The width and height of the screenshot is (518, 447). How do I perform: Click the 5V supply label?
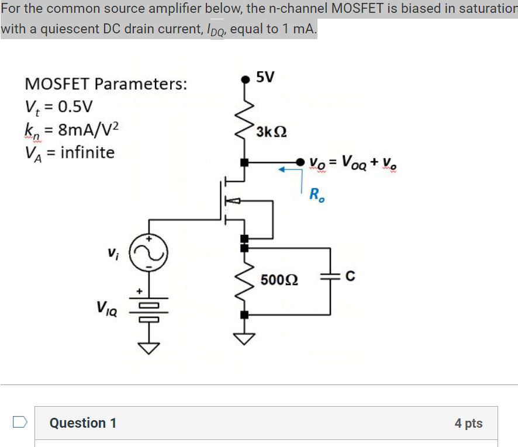[265, 77]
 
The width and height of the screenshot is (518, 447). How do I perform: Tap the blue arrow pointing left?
[287, 170]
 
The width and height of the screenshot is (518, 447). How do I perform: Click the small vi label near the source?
[112, 255]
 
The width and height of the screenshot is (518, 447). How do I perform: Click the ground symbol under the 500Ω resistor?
[244, 338]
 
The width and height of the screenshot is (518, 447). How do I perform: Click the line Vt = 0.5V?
[58, 107]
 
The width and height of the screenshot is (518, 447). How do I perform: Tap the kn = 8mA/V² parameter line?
[72, 129]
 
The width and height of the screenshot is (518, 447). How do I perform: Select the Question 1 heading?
[83, 422]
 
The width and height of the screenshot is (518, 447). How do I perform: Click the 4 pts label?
[468, 423]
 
